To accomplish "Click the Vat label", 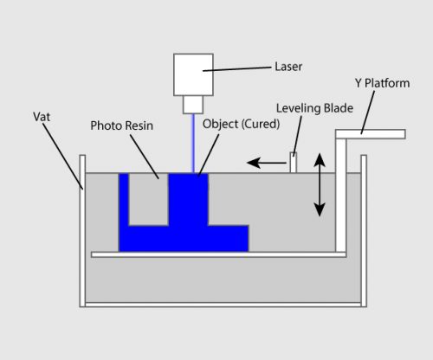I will [42, 115].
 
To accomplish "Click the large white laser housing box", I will [193, 74].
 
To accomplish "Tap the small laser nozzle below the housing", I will [192, 105].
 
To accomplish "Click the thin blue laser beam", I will [192, 143].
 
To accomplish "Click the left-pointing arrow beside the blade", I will [264, 161].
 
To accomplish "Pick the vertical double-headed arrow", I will [320, 184].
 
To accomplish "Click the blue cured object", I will [187, 216].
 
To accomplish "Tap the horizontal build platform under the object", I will [216, 254].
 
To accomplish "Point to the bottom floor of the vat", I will [223, 304].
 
